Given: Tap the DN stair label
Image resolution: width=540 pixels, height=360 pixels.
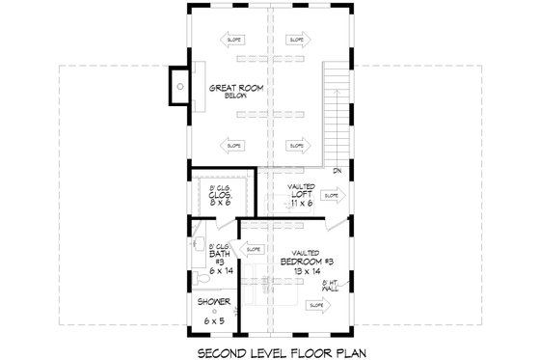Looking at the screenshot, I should (x=337, y=172).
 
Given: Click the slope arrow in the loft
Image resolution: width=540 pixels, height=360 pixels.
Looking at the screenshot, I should (x=331, y=195).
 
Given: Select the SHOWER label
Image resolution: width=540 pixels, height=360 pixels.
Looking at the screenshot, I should (x=207, y=302).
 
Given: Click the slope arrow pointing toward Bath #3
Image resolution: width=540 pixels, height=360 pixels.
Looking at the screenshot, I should (x=254, y=249).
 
